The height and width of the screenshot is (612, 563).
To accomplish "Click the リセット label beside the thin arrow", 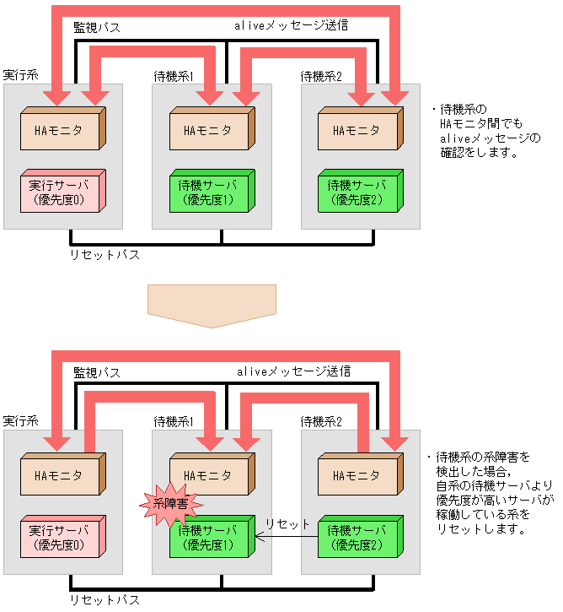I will (x=287, y=524).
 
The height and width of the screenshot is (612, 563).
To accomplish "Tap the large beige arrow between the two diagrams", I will (x=211, y=305).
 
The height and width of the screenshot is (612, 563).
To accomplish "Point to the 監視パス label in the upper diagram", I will (x=97, y=28).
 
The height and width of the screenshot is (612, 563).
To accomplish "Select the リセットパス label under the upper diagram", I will (x=106, y=253).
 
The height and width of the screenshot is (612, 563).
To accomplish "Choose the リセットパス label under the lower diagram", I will (x=106, y=599).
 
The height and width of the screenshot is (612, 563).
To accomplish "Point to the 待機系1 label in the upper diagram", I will (x=174, y=77).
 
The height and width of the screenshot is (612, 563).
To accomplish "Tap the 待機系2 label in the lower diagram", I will (x=321, y=421).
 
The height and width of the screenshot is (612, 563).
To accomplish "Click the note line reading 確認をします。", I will (x=477, y=154).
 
